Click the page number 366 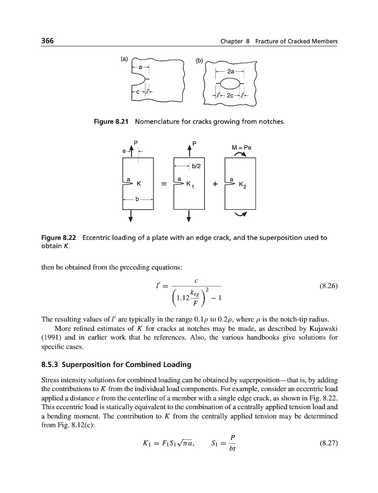[x=48, y=42]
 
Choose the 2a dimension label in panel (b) [x=231, y=71]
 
